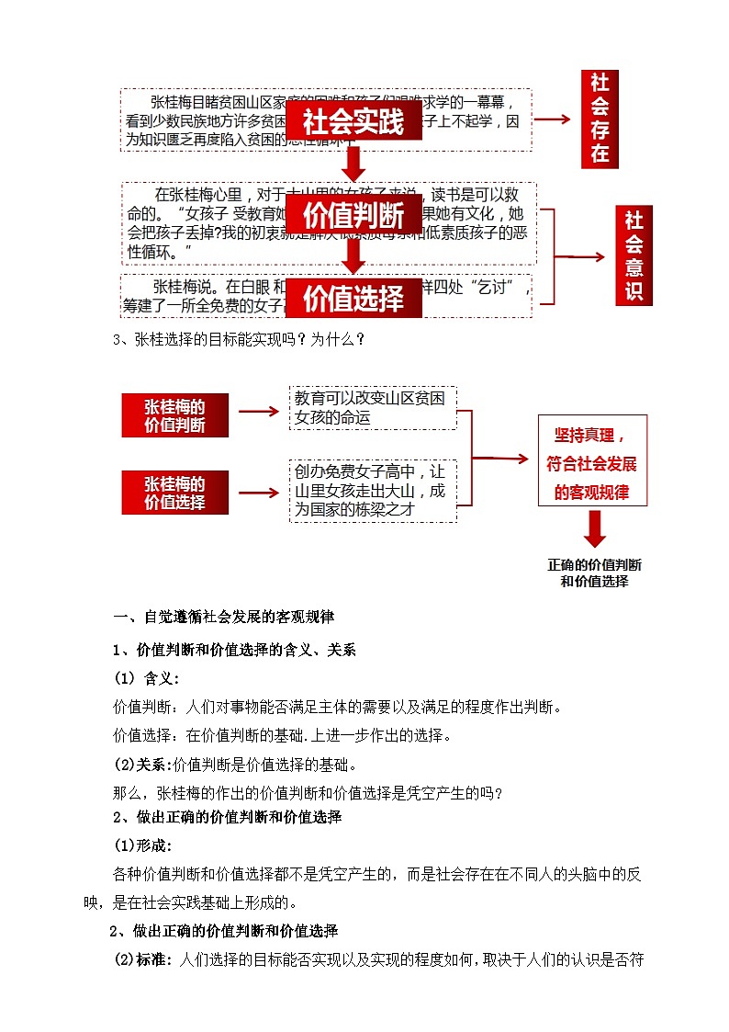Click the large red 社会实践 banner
click(353, 122)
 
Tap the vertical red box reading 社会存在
click(600, 119)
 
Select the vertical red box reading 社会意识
click(634, 255)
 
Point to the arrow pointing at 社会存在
click(554, 119)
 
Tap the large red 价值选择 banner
click(353, 298)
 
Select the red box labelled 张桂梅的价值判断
click(174, 415)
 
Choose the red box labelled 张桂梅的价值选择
click(174, 493)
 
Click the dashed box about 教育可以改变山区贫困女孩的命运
click(372, 407)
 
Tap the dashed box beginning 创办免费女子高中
click(372, 491)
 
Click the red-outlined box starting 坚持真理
click(592, 461)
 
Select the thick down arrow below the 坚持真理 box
click(595, 529)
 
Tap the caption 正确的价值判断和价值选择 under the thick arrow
click(594, 573)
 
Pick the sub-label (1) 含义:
click(146, 678)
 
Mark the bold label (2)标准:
click(141, 960)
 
